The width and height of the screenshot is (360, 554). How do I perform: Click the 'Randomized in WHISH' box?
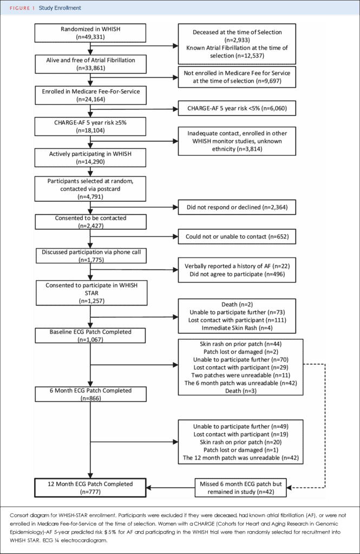pos(90,33)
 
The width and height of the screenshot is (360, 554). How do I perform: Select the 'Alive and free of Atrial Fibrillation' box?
pos(90,64)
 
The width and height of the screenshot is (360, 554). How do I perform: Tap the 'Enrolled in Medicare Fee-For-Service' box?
pos(90,95)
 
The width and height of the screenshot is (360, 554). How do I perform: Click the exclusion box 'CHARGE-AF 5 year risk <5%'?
pos(237,108)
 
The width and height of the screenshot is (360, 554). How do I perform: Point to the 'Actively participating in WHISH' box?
pos(90,157)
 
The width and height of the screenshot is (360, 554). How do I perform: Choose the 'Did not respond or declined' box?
pos(237,207)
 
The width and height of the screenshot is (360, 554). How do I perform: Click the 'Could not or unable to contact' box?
pos(237,236)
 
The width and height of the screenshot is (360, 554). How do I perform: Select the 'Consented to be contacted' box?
pos(90,221)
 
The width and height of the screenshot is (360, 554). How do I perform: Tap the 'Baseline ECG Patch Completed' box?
pos(90,335)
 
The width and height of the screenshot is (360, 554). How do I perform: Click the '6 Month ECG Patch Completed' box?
pos(90,394)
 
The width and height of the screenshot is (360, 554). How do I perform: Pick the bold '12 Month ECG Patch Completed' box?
pos(90,487)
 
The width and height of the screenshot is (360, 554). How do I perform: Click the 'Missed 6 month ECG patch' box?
pos(240,487)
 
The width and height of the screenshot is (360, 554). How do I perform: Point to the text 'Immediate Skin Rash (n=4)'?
pos(237,328)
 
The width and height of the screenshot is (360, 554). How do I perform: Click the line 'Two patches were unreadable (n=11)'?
pos(240,375)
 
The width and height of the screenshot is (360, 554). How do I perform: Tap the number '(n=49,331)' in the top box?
pos(90,37)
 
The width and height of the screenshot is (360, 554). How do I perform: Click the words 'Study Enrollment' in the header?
pos(60,8)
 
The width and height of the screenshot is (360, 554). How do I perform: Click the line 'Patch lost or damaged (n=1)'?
pos(240,450)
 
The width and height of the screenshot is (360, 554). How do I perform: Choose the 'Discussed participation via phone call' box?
pos(91,255)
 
